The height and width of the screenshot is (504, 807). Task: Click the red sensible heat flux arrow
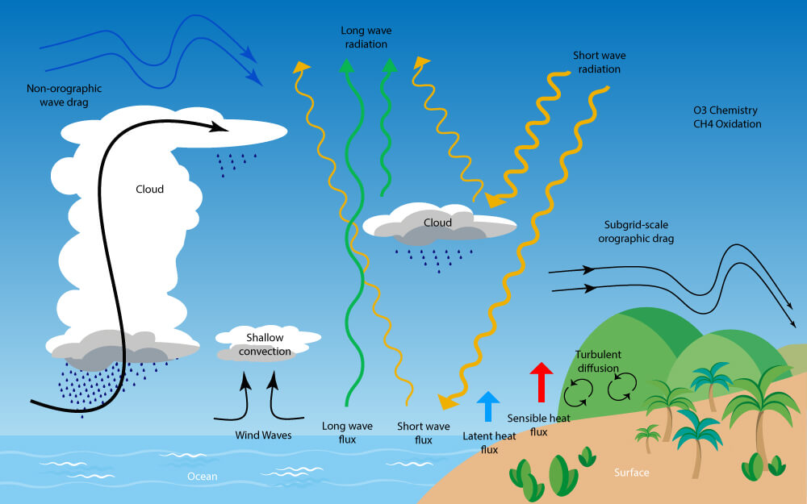pos(541,382)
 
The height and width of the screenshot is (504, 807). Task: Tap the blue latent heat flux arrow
pos(488,406)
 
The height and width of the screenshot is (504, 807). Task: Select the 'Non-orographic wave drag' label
pos(65,95)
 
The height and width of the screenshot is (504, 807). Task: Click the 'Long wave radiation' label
pos(366,38)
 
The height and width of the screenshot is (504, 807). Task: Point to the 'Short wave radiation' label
pos(600,62)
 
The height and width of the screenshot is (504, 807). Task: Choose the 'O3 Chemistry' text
pos(725,110)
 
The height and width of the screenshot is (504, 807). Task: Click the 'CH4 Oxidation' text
pos(727,124)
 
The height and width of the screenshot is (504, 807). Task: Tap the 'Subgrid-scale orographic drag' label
pos(636,231)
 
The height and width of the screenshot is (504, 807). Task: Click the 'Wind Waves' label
pos(264,435)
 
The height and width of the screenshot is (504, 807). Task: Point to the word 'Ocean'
pos(203,477)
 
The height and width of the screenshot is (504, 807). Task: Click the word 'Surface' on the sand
pos(632,472)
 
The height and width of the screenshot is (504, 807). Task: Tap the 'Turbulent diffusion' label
pos(598,361)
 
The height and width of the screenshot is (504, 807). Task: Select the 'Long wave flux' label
pos(347,432)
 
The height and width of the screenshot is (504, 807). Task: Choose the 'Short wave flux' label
pos(424,433)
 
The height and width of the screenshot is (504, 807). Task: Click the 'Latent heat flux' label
pos(489,443)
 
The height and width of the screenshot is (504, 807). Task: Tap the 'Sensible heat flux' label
pos(539,425)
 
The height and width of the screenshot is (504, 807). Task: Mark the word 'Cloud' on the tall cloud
pos(150,190)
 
